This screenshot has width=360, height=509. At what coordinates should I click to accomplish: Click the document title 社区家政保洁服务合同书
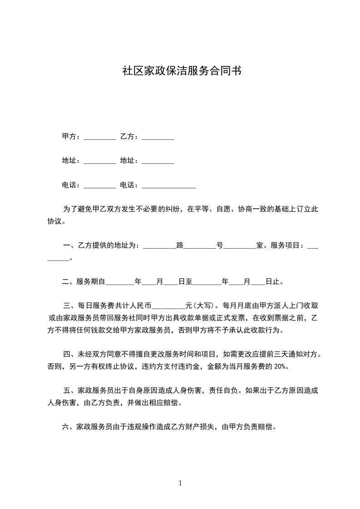[x=180, y=71]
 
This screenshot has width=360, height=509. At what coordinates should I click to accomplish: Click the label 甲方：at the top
[x=71, y=137]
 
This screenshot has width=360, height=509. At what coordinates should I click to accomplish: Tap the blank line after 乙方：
[x=158, y=138]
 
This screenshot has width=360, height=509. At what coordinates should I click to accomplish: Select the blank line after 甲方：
[x=100, y=138]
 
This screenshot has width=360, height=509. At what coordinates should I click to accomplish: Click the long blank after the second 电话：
[x=169, y=186]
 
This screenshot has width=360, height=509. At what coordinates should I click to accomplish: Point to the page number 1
[x=180, y=483]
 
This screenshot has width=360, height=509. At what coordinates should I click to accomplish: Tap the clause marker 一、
[x=69, y=245]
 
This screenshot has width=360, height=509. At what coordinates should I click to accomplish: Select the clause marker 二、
[x=69, y=282]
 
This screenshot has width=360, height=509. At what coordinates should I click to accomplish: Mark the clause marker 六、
[x=69, y=427]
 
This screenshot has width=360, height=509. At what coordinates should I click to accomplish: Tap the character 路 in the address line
[x=180, y=245]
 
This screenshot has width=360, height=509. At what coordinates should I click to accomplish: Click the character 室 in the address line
[x=260, y=245]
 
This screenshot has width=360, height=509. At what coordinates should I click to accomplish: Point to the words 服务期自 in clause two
[x=91, y=282]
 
